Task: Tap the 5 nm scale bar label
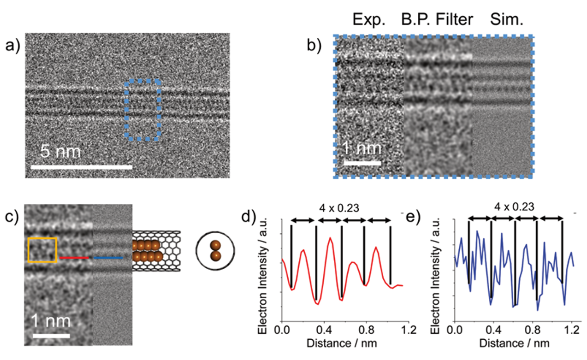[61, 152]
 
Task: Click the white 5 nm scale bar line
[81, 166]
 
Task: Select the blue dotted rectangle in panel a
[142, 110]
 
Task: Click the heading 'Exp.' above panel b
[368, 20]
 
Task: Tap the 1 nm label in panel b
[362, 149]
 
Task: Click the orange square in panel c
[42, 250]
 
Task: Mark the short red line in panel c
[73, 258]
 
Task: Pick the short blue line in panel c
[108, 258]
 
